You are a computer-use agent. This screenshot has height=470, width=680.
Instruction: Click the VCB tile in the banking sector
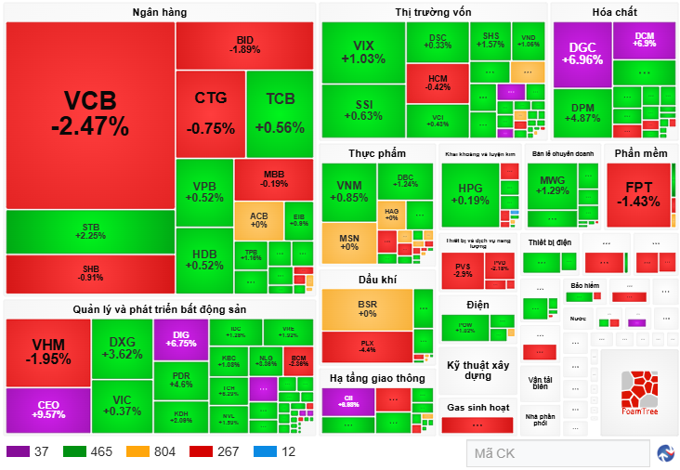point(90,113)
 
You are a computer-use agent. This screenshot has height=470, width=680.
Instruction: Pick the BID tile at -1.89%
point(244,45)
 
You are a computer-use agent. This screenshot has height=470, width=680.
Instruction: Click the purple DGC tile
point(582,53)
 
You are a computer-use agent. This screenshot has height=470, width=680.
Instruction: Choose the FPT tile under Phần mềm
point(639,195)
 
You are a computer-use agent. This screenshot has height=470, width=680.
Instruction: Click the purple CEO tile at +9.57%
point(48,410)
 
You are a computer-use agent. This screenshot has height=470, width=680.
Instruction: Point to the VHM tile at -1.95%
point(48,352)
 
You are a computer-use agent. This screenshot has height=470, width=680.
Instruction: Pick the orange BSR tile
point(367,309)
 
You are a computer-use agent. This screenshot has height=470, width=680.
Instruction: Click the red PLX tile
point(367,346)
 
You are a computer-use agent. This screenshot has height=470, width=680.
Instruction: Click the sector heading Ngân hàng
point(160,12)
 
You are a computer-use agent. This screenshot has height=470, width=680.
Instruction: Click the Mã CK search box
point(556,453)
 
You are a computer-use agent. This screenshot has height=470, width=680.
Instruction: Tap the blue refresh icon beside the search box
point(665,453)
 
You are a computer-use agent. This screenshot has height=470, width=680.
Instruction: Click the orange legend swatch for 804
point(137,451)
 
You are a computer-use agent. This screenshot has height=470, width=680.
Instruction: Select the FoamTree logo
point(638,393)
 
